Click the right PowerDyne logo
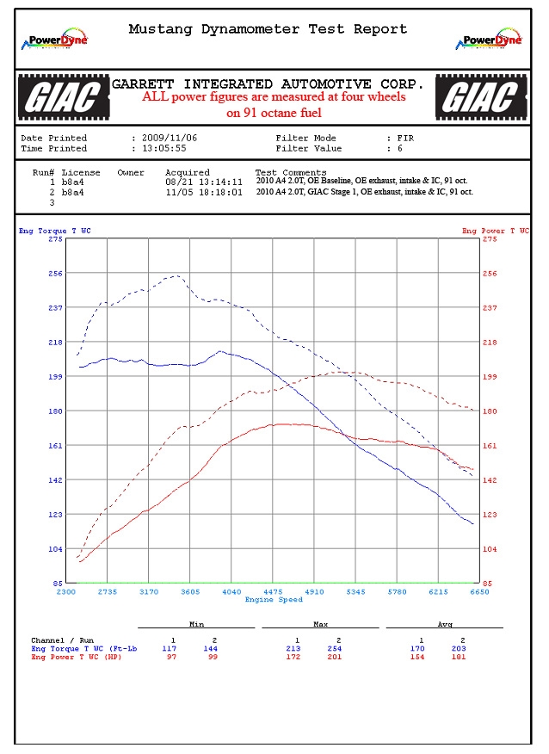coord(492,39)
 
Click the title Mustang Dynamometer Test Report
coord(268,28)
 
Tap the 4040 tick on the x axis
coord(231,592)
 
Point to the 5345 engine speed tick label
coord(355,592)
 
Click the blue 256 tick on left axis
coord(56,274)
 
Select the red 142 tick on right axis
coord(490,480)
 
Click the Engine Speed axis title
coord(273,599)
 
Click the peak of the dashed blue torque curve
coord(176,276)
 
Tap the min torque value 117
coord(170,648)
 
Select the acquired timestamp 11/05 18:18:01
coord(204,192)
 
